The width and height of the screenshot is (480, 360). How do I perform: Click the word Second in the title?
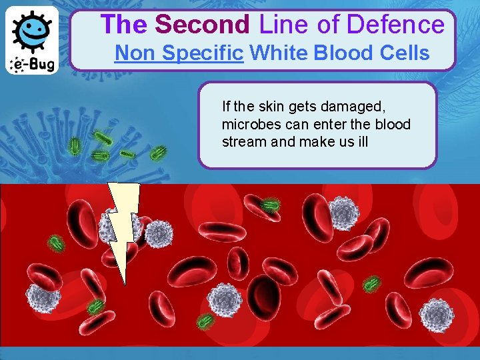202,25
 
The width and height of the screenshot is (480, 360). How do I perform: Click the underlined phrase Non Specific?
179,53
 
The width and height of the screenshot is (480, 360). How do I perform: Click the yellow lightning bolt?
123,227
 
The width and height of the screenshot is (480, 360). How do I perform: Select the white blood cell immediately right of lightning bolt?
159,233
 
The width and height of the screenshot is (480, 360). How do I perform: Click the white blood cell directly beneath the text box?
345,212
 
